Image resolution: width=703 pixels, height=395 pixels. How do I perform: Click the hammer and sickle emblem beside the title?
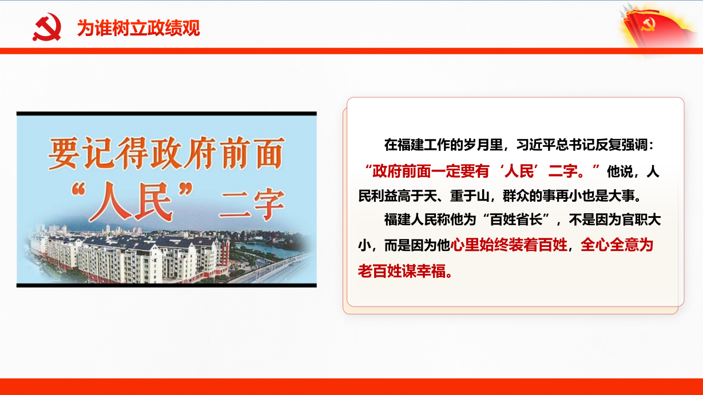(47, 27)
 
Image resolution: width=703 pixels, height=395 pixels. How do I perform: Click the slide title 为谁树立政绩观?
(138, 28)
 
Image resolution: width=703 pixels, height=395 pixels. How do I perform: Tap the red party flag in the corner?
(657, 26)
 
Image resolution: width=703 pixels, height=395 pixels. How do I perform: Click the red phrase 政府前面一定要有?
(431, 171)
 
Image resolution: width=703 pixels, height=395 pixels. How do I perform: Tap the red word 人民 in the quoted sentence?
(519, 171)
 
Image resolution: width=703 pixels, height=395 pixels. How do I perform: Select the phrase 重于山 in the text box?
(470, 196)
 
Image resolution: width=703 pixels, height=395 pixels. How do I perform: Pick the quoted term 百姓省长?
(516, 220)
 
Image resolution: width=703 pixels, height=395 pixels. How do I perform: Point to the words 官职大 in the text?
(641, 220)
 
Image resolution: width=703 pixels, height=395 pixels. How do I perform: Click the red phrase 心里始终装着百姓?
(509, 245)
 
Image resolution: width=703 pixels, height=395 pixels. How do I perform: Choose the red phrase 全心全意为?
(617, 245)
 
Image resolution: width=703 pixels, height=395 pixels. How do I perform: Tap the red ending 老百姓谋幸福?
(402, 271)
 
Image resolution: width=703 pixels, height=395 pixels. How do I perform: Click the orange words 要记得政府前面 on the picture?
(166, 154)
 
